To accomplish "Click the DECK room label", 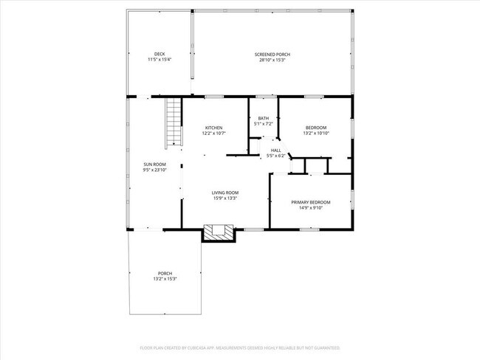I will click(160, 54).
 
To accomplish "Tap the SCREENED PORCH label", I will click(272, 55).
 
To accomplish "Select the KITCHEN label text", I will click(213, 128).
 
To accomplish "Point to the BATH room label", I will click(263, 119).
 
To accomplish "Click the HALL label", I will click(275, 150).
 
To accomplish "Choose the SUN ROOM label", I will click(154, 164).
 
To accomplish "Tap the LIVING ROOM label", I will click(225, 193).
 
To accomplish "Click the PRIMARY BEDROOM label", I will click(310, 202).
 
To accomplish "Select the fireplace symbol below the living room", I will click(218, 232).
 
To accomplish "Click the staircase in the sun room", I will click(174, 122).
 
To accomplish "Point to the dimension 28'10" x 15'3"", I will click(272, 60).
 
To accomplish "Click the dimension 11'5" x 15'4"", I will click(160, 60).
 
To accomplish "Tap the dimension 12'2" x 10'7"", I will click(213, 134).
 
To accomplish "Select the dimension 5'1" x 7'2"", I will click(263, 125).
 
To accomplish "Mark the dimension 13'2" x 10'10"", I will click(316, 134).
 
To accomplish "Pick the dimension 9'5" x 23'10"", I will click(154, 170).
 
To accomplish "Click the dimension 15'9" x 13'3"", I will click(225, 198).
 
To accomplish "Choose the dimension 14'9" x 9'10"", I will click(310, 208).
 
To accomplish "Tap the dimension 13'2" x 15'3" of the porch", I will click(165, 279).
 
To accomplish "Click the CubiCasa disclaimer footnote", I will click(240, 347).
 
